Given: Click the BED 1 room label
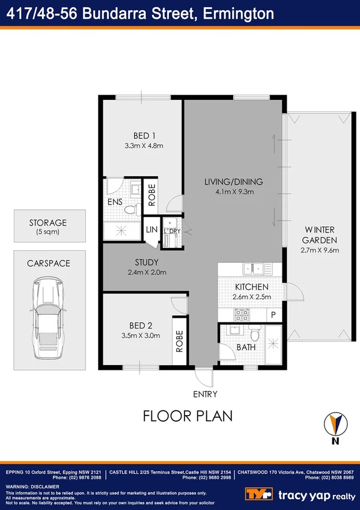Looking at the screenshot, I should [x=142, y=135].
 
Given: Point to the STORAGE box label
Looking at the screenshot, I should [x=47, y=223].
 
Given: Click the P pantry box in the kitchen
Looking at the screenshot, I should [x=273, y=314].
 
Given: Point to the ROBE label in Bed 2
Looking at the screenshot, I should [x=179, y=340].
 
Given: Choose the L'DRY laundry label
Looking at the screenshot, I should [x=172, y=231].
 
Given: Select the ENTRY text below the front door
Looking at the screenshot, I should [x=204, y=394].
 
